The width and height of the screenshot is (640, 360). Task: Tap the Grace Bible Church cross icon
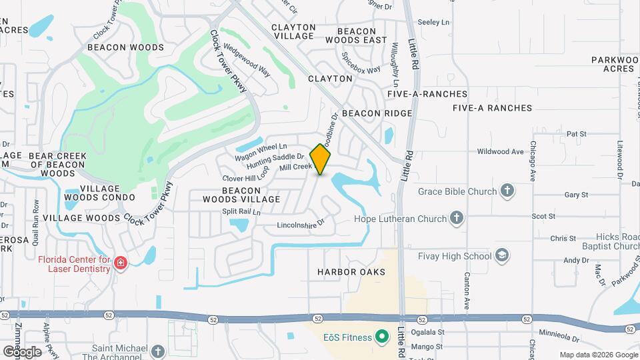507,191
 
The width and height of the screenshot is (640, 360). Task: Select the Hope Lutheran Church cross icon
457,218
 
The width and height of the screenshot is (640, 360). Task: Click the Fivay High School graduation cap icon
502,255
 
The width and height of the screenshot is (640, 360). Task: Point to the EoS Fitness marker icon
382,337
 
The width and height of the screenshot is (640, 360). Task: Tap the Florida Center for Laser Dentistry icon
121,264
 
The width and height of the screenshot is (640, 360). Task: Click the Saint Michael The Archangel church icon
157,351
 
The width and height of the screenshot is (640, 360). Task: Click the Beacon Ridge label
377,113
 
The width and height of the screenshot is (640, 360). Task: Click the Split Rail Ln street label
241,211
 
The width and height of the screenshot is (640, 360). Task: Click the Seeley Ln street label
429,22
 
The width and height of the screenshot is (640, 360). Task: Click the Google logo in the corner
21,351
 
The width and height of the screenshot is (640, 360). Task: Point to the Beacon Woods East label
362,36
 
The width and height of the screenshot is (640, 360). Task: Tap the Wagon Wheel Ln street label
261,151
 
